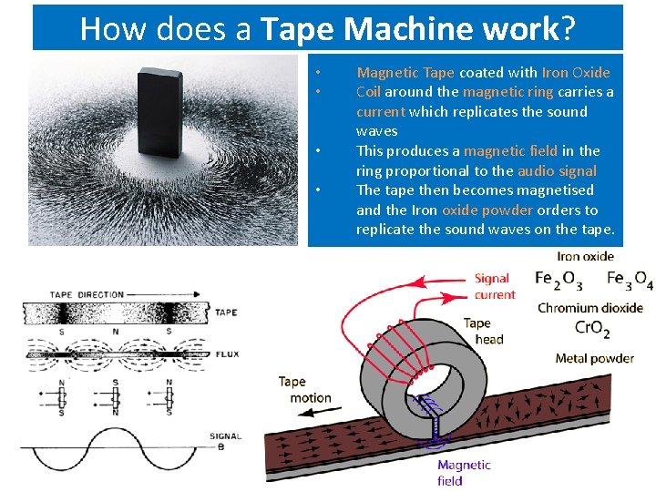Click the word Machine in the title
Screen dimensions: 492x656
(x=407, y=29)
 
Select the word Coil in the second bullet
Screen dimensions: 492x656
(x=368, y=92)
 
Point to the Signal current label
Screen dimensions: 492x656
(x=495, y=286)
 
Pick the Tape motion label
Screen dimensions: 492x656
(x=304, y=389)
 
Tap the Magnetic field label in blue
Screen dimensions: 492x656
(x=463, y=472)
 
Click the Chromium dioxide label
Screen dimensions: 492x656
(x=590, y=307)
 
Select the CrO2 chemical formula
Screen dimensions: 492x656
(x=592, y=329)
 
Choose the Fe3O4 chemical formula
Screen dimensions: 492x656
(x=630, y=279)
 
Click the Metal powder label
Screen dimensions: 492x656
(x=594, y=358)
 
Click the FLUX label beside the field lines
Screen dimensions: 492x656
(x=226, y=353)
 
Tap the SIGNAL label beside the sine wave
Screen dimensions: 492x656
(x=226, y=436)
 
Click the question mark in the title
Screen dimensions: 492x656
(x=569, y=29)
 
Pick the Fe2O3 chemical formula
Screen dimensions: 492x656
(x=559, y=279)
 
